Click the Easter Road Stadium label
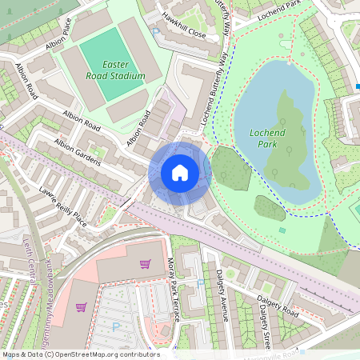[x=118, y=70]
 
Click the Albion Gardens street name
[x=77, y=152]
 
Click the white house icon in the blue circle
[x=180, y=172]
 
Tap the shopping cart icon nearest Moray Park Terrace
[x=145, y=264]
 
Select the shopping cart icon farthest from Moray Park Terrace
[x=81, y=306]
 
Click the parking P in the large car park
[x=117, y=326]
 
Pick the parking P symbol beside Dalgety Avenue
[x=200, y=282]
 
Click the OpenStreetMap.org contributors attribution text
[x=104, y=354]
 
